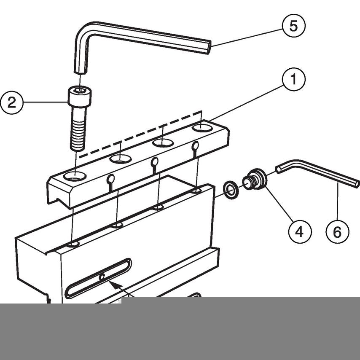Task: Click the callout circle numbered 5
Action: tap(293, 25)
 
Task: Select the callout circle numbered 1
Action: tap(293, 79)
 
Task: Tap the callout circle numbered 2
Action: tap(12, 102)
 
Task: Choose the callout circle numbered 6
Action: tap(338, 231)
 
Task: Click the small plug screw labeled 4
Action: tap(255, 180)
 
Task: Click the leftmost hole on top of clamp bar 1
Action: tap(75, 176)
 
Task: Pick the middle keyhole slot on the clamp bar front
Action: tap(155, 162)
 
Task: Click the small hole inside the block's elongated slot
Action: tap(102, 277)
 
